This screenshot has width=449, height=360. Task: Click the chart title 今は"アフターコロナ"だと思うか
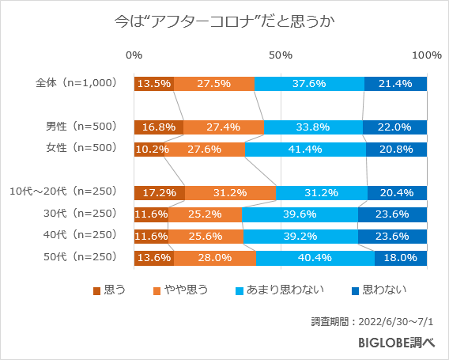coord(225,21)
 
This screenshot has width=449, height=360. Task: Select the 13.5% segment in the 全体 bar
coord(154,83)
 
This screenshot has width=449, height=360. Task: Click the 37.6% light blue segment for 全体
coord(309,83)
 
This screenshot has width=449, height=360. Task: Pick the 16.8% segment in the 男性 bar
coord(159,127)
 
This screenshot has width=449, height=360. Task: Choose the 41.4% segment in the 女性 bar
coord(305,149)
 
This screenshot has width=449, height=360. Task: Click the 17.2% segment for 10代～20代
coord(160,192)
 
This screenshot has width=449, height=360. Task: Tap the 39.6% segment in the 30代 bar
coord(300,214)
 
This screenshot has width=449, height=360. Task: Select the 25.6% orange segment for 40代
coord(206,236)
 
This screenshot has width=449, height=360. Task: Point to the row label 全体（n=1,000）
coord(76,82)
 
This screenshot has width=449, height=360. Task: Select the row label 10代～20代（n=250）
coord(63,191)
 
